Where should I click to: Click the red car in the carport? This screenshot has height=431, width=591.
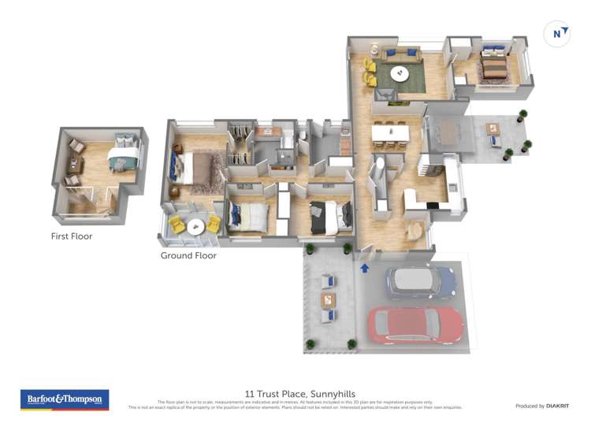(x=415, y=324)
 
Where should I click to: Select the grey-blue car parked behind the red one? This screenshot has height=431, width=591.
(x=421, y=281)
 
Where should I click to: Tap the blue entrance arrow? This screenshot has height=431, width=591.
(x=365, y=269)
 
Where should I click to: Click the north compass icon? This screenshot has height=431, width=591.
(x=558, y=34)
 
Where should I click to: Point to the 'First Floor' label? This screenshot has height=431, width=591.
(x=71, y=236)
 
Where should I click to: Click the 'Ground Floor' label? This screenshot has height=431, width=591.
(x=188, y=255)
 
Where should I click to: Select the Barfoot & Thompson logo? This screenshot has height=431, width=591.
(x=65, y=399)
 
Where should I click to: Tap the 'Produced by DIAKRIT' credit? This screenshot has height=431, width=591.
(x=541, y=406)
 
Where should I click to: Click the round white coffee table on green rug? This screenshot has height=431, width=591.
(x=400, y=75)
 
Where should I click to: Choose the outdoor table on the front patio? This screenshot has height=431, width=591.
(x=328, y=300)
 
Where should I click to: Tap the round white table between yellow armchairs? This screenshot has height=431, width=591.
(x=194, y=226)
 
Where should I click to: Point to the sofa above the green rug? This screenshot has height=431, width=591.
(x=401, y=54)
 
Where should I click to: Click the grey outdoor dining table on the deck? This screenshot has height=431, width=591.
(x=448, y=132)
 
